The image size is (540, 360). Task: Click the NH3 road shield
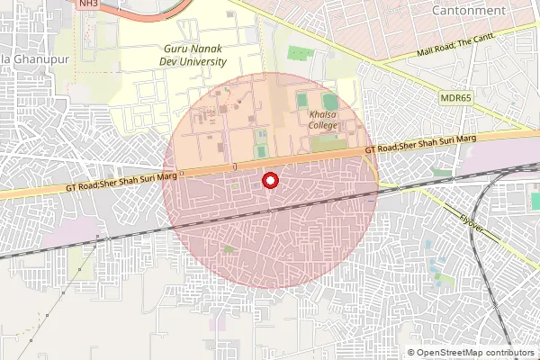click(87, 4)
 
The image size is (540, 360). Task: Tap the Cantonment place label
click(469, 10)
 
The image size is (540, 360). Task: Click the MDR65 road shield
click(456, 97)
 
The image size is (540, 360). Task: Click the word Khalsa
click(323, 115)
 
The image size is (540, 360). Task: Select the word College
click(323, 126)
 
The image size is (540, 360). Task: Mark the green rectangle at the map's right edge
click(535, 200)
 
